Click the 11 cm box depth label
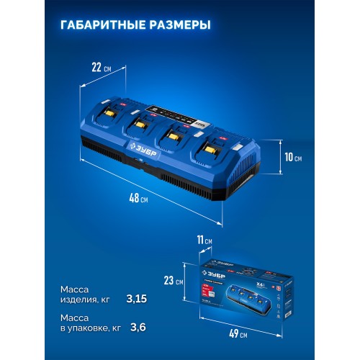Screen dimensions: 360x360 pos(204,240)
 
